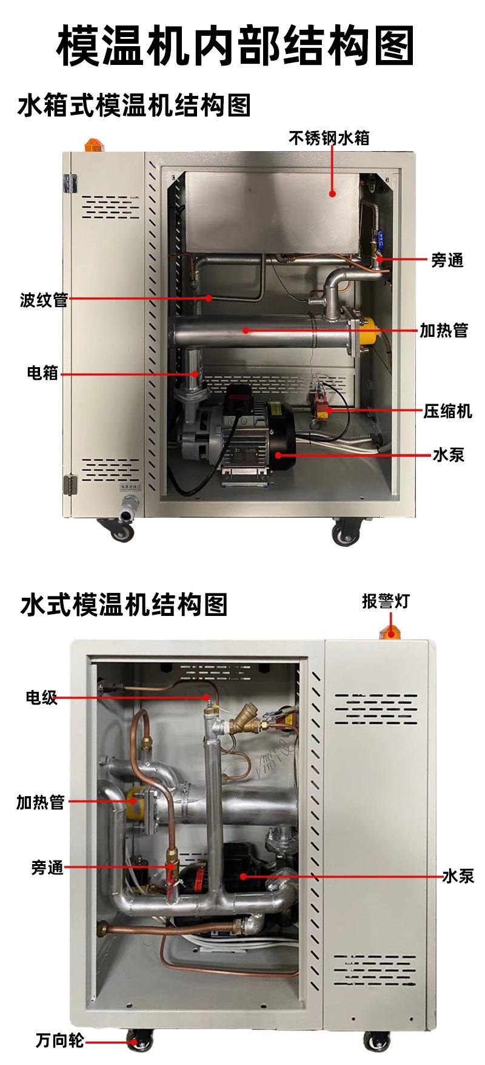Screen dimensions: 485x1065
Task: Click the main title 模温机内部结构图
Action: coord(236,46)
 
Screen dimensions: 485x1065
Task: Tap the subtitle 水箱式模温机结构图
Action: coord(135,105)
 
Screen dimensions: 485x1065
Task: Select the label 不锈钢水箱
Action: coord(329,138)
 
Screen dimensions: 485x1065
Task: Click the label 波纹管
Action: coord(44,300)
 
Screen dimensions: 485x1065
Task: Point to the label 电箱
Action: coord(42,373)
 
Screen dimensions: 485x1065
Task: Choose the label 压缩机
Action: coord(447,411)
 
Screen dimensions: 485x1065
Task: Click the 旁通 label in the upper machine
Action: coord(447,260)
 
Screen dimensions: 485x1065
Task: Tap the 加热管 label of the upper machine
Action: coord(444,331)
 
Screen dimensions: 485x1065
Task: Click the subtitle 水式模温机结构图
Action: coord(124,605)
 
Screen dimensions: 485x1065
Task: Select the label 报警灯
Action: coord(386,601)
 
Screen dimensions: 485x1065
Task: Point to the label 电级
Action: coord(42,698)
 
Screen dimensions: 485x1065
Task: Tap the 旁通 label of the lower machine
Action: coord(47,868)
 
